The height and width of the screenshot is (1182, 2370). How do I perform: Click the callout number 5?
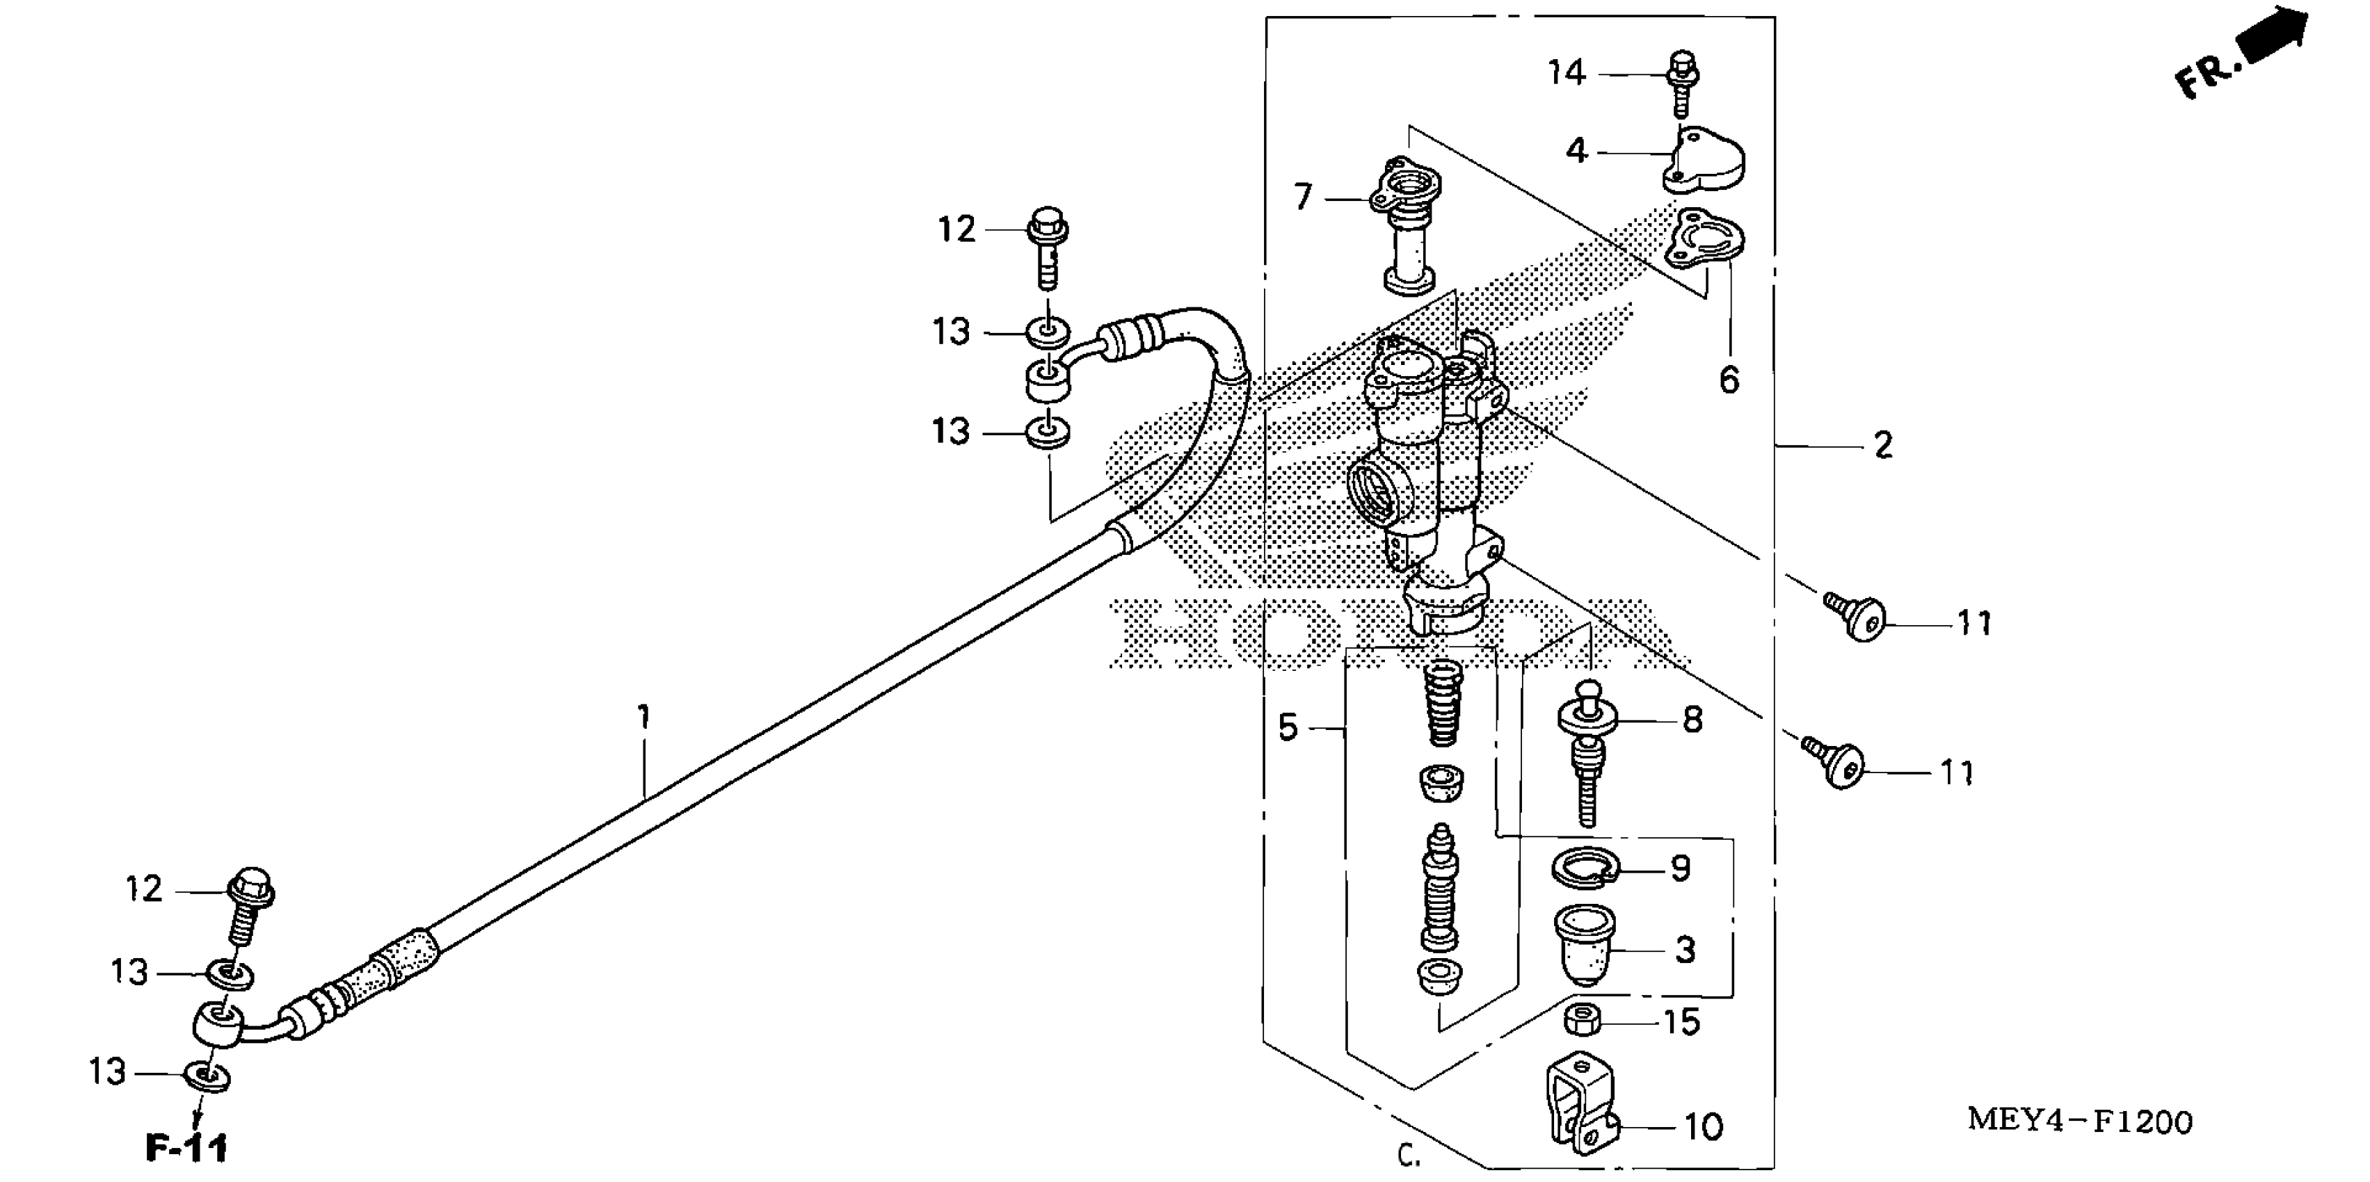pyautogui.click(x=1288, y=727)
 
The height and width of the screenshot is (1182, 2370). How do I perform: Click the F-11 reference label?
pyautogui.click(x=186, y=1148)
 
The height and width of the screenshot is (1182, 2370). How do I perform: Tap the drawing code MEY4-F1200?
pyautogui.click(x=2079, y=1122)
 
